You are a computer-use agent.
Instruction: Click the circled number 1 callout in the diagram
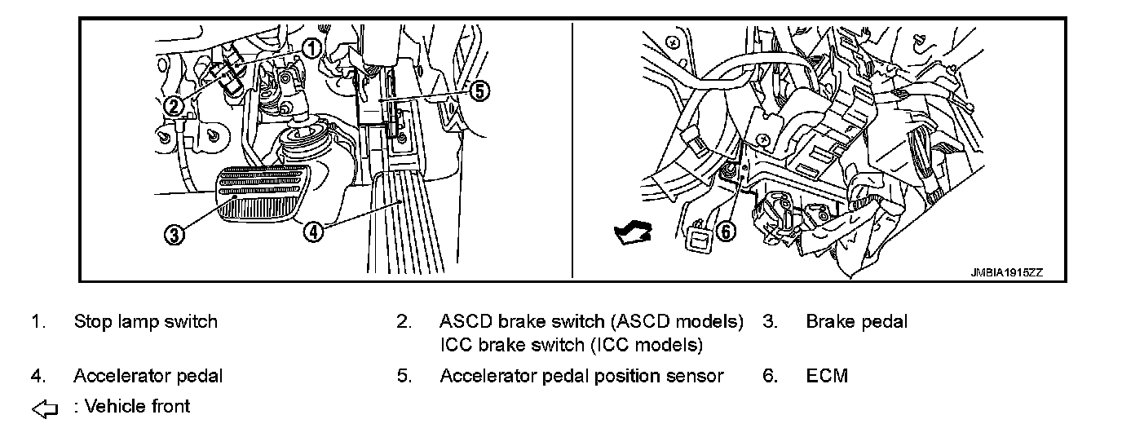pos(311,48)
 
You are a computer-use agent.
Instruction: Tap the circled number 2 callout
pos(173,106)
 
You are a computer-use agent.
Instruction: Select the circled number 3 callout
pos(174,235)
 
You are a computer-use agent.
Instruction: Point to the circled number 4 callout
pos(314,232)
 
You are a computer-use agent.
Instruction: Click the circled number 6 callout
pos(724,232)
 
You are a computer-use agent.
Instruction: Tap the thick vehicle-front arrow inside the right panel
pos(634,235)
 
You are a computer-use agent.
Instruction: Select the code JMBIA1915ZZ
pos(1006,272)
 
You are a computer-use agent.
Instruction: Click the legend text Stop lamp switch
pos(145,321)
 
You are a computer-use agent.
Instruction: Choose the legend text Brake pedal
pos(856,321)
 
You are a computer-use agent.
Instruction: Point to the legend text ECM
pos(827,376)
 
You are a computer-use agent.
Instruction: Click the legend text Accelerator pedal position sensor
pos(581,376)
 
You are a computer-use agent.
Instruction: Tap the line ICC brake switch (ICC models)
pos(571,345)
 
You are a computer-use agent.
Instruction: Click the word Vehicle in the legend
pos(113,405)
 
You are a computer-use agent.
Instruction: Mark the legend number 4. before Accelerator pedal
pos(38,376)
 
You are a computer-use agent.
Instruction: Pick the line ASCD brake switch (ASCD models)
pos(591,321)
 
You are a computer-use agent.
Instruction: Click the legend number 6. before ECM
pos(770,376)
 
